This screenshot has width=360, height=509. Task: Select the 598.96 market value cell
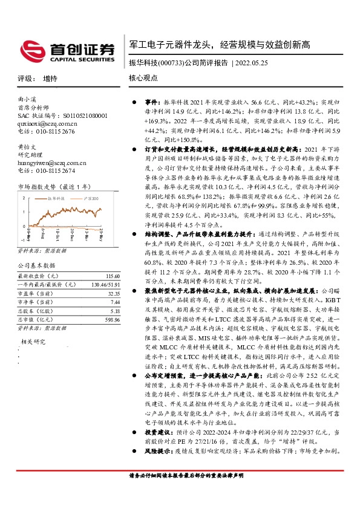(103, 320)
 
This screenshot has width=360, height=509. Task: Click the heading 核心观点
(143, 79)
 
